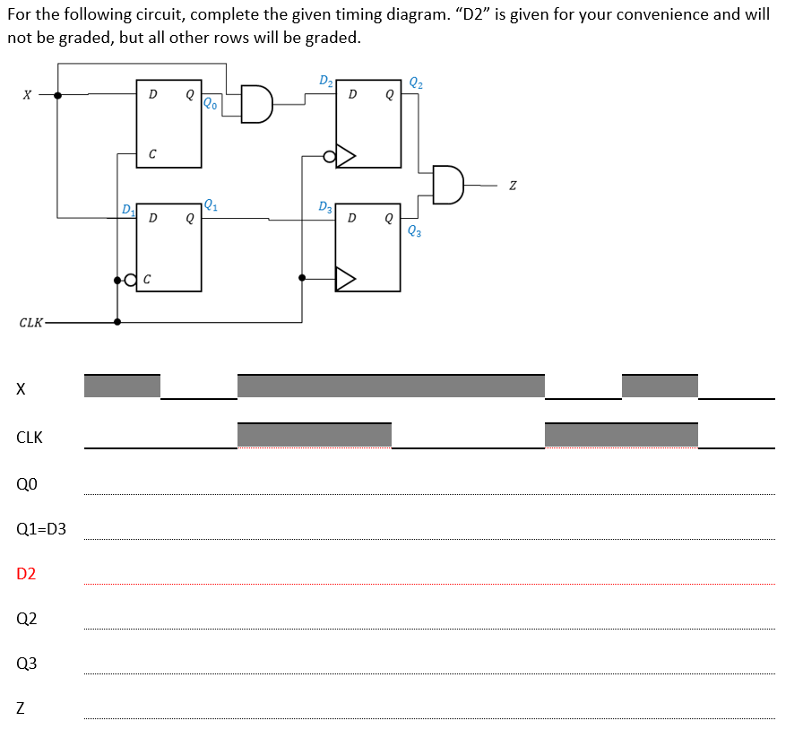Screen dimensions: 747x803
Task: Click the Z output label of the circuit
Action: pyautogui.click(x=512, y=186)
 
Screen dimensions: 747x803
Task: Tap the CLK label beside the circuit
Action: pyautogui.click(x=30, y=322)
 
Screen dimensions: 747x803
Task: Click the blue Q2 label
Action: pyautogui.click(x=416, y=84)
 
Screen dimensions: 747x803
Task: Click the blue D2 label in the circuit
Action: pyautogui.click(x=326, y=83)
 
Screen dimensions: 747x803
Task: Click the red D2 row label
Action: pyautogui.click(x=27, y=574)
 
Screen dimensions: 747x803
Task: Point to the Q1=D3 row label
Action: pyautogui.click(x=41, y=529)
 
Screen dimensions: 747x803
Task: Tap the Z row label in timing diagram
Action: pyautogui.click(x=21, y=709)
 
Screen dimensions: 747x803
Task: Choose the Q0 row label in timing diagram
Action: pyautogui.click(x=27, y=484)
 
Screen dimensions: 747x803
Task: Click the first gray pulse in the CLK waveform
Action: pyautogui.click(x=315, y=435)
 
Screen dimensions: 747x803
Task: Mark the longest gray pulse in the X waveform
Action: pyautogui.click(x=391, y=387)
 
